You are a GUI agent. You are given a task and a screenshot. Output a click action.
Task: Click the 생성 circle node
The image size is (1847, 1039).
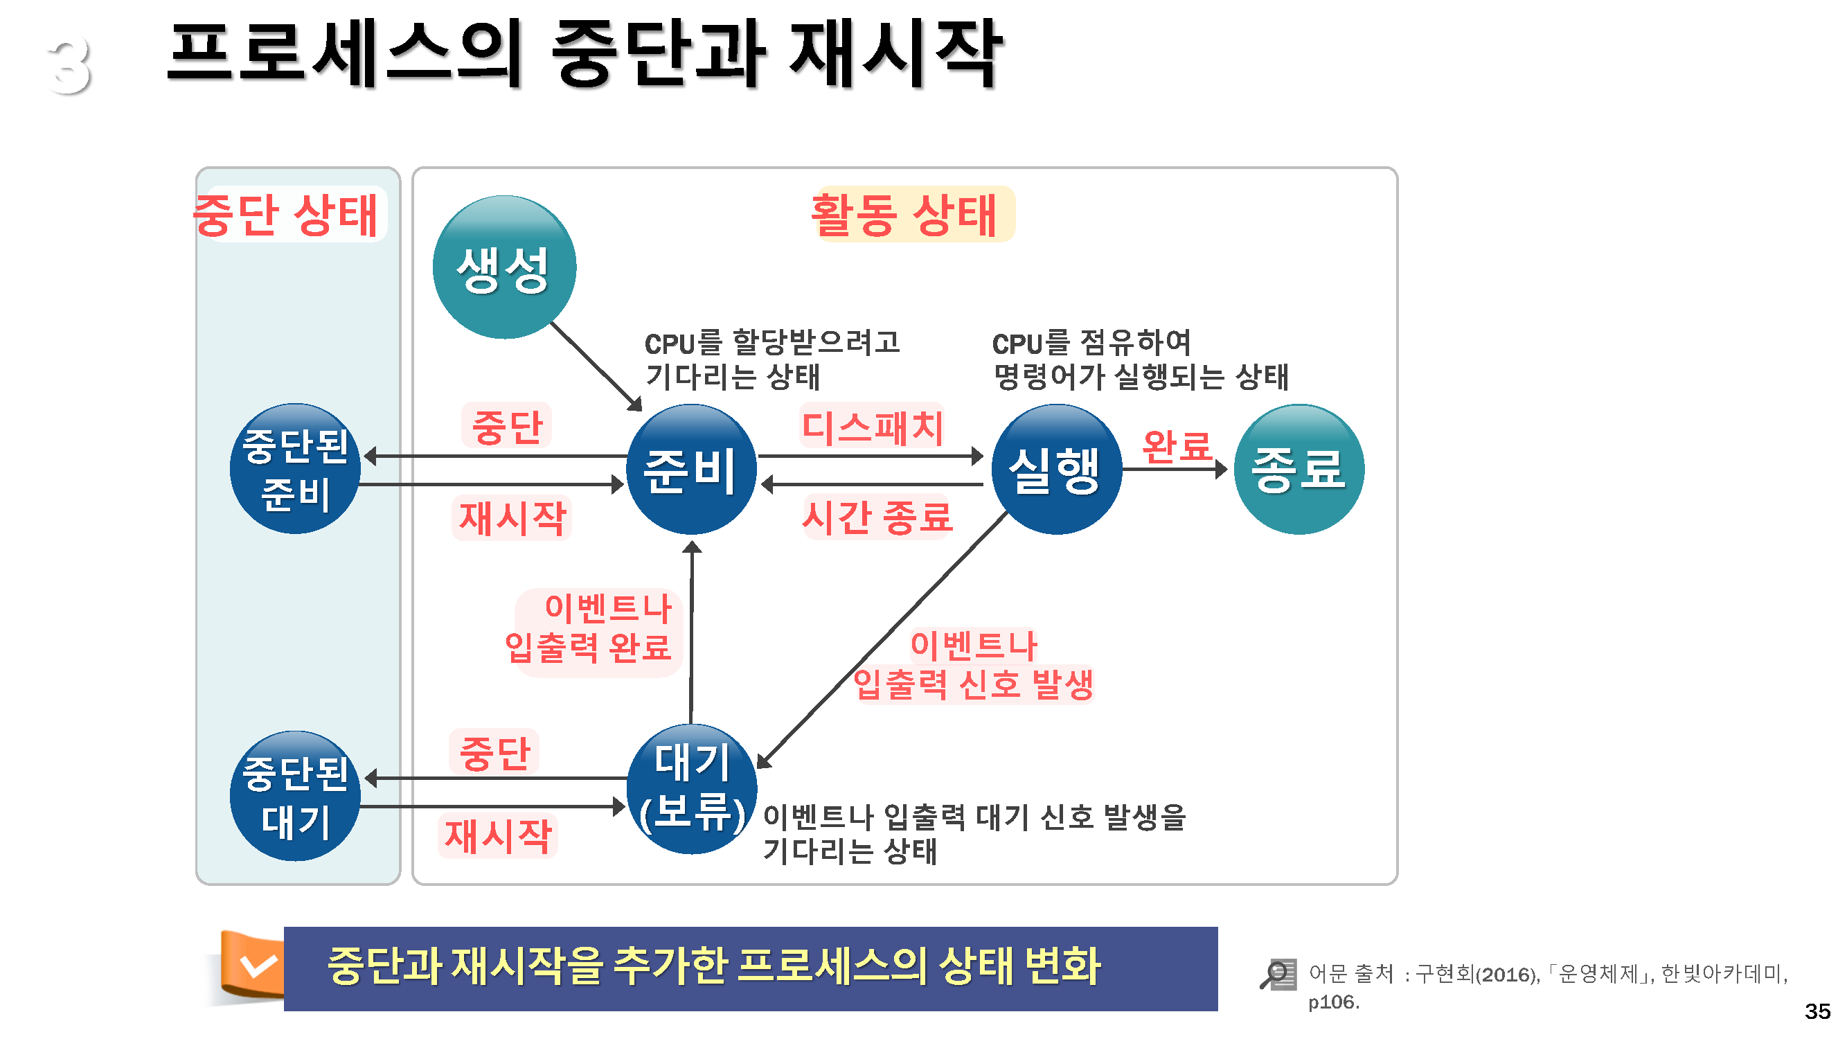point(504,267)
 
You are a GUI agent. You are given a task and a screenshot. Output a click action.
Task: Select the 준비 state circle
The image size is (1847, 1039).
point(690,469)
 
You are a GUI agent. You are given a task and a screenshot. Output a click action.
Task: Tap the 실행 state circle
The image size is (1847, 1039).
point(1055,469)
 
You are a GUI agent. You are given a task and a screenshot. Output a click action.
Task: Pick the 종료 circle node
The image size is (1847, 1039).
point(1298,469)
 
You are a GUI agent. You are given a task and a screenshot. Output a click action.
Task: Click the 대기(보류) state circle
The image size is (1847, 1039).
point(691,789)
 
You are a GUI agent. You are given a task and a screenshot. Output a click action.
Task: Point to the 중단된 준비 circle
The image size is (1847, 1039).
point(295,469)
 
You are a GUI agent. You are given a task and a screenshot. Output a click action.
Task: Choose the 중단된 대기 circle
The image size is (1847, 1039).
point(295,796)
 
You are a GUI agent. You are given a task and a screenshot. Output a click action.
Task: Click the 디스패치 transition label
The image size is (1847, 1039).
point(872,426)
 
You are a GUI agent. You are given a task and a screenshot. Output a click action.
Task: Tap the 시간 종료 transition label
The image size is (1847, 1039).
point(876,516)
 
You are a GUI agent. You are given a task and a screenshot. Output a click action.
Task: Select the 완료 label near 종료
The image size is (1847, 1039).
point(1177,446)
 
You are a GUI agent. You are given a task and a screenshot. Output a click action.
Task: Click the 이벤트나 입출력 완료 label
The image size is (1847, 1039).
point(591,628)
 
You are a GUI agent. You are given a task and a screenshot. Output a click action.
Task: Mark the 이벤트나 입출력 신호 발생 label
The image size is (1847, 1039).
point(973,665)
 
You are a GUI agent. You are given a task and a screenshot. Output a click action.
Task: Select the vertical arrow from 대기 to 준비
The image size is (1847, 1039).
point(691,631)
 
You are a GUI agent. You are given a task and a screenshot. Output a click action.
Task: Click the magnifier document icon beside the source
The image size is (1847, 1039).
point(1278,975)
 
